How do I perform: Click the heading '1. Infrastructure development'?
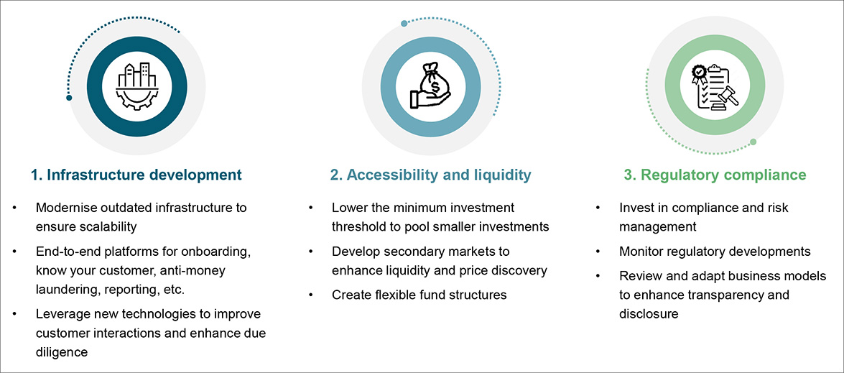[x=136, y=175]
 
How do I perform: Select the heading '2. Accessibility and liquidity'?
[x=431, y=175]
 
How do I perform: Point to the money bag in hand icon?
[x=430, y=86]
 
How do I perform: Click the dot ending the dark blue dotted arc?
[x=69, y=97]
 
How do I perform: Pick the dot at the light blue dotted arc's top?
[x=404, y=23]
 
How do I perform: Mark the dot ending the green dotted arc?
[x=753, y=142]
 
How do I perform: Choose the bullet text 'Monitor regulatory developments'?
[x=715, y=252]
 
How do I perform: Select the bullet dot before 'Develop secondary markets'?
[x=311, y=252]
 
